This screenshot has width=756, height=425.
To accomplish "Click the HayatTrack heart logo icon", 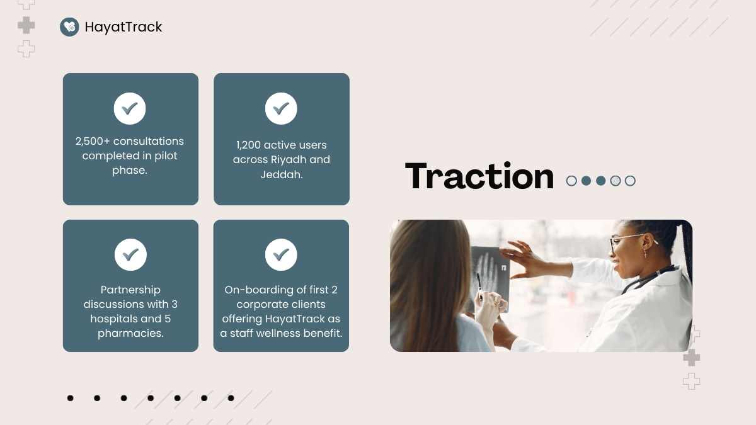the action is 69,26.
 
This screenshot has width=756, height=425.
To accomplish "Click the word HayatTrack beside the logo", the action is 123,27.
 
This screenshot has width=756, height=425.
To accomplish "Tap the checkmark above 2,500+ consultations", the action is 130,108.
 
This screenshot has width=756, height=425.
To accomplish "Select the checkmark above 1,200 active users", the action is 281,108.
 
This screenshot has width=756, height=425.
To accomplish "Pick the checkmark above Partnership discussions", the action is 130,254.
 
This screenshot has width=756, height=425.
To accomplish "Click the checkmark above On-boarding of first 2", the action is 281,254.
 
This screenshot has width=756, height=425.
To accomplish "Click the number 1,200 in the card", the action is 248,145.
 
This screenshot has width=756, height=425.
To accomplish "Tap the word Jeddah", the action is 282,174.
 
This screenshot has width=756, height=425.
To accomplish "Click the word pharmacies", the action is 130,333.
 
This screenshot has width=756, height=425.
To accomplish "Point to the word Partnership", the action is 130,290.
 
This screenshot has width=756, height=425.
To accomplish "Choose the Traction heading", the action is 479,176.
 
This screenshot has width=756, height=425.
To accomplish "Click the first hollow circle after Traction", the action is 571,181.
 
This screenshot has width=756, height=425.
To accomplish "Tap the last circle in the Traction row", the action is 630,181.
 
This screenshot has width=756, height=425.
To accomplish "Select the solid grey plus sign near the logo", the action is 26,25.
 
